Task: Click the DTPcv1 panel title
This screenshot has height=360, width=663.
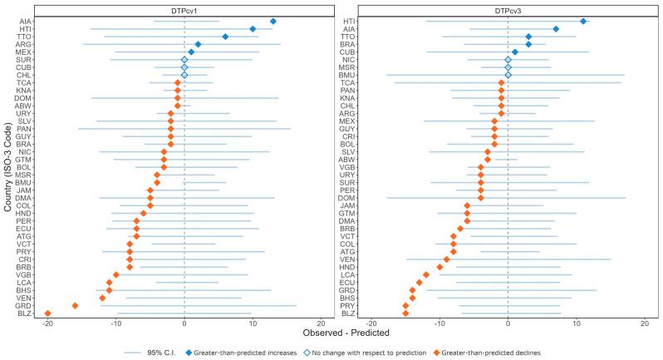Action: point(184,8)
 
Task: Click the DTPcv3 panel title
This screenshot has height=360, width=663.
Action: point(508,8)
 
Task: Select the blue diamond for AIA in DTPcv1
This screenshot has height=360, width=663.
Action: point(273,21)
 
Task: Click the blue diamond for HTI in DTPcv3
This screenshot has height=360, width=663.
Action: point(583,21)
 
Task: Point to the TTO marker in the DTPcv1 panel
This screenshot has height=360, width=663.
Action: point(225,37)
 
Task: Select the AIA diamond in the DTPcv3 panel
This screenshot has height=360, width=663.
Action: point(556,29)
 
